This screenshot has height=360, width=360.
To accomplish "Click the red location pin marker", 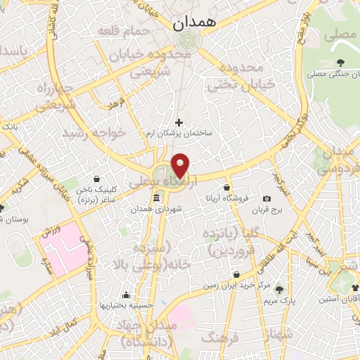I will [x=181, y=165].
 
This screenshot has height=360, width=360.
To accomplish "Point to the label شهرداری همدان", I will [x=161, y=210].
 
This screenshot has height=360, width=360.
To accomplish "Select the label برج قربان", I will [x=267, y=210].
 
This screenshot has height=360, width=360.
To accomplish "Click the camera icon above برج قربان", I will [x=267, y=199].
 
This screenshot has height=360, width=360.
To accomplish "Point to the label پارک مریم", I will [x=279, y=301].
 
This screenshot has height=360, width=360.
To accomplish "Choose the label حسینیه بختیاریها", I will [x=125, y=305].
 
